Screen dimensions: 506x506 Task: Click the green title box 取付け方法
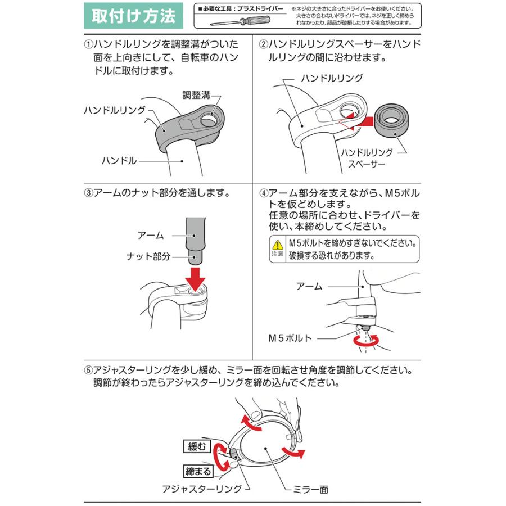pos(133,16)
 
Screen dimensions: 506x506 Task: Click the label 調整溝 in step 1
pos(196,95)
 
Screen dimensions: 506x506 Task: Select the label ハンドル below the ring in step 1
pos(119,160)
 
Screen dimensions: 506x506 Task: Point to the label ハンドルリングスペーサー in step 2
pos(367,158)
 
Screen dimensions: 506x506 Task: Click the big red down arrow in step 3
pos(195,279)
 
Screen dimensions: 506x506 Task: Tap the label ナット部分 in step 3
pos(148,256)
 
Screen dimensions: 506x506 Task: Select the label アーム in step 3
pos(151,235)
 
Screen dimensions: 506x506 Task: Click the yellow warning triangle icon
pos(278,245)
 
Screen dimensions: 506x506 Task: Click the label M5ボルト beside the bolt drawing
pos(290,338)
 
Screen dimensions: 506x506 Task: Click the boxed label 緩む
pos(197,446)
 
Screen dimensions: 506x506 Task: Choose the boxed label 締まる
pos(198,472)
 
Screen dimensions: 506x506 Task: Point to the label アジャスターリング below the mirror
pos(202,489)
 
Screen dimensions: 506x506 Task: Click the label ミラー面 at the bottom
pos(310,490)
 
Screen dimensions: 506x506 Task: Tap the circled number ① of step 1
pos(88,44)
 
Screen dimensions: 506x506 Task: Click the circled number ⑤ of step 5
pos(88,371)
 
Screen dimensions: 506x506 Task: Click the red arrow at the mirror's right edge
pos(293,452)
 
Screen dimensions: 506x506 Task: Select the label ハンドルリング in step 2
pos(332,78)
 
